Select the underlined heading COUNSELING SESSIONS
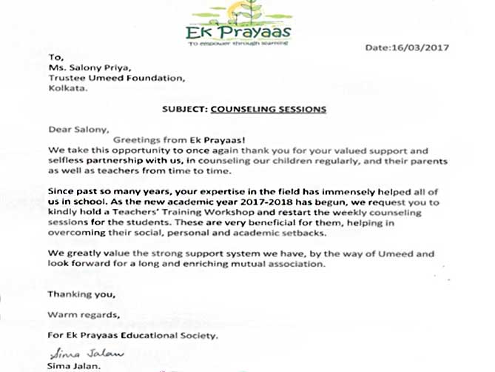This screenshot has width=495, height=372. click(x=268, y=108)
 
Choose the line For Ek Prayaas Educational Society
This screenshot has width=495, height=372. click(x=132, y=336)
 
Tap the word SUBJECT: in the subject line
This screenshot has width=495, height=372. click(x=183, y=108)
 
